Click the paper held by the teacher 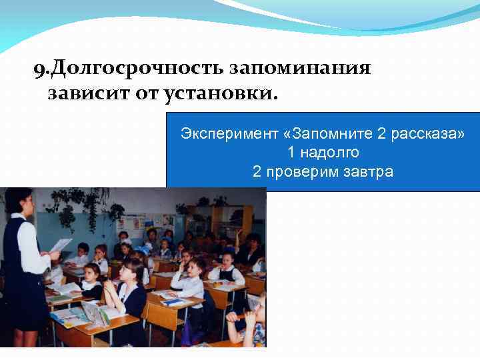[x=60, y=245]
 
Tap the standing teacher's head [x=18, y=201]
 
